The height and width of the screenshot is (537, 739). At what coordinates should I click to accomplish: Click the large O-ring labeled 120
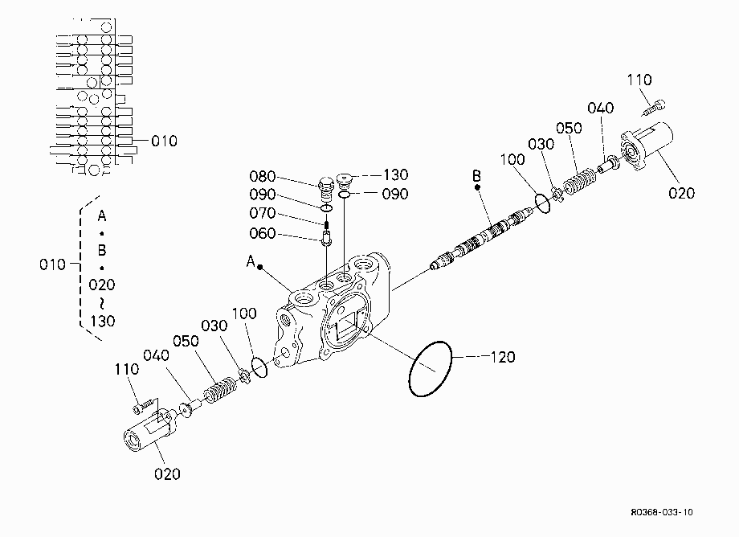[x=409, y=372]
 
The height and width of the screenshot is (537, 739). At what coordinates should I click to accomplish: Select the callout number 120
[x=502, y=357]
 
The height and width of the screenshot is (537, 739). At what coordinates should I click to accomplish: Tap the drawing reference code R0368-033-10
[x=662, y=512]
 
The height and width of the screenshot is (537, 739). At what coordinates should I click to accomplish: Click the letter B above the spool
[x=476, y=176]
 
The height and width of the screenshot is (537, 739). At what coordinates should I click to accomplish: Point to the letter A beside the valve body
[x=251, y=260]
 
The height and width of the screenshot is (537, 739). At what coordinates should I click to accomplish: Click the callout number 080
[x=262, y=176]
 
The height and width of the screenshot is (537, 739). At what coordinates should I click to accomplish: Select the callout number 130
[x=395, y=175]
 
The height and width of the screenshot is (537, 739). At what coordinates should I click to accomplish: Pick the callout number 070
[x=262, y=213]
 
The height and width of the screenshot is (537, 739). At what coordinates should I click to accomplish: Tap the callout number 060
[x=262, y=233]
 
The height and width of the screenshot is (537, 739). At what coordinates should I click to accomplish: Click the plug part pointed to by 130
[x=345, y=179]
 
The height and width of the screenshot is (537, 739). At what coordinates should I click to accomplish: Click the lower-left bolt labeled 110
[x=145, y=405]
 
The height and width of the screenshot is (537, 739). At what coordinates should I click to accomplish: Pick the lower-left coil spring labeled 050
[x=219, y=390]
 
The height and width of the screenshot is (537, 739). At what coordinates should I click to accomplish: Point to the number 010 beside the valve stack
[x=164, y=141]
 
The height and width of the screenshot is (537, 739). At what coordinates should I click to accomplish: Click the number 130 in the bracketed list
[x=102, y=321]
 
